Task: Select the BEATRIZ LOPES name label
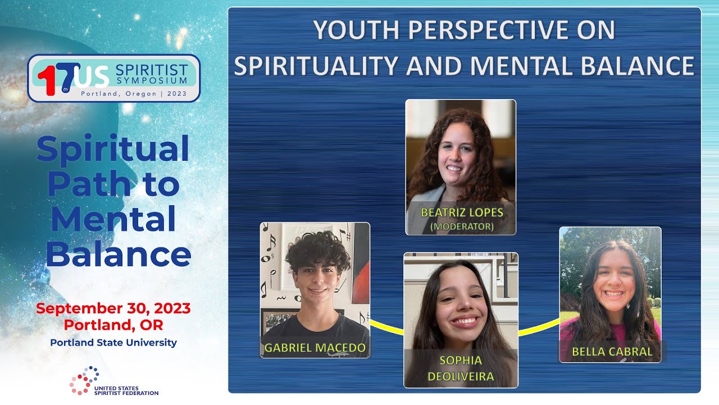(x=462, y=213)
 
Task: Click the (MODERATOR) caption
(x=462, y=227)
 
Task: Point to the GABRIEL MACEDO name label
(x=315, y=348)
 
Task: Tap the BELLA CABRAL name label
(x=612, y=352)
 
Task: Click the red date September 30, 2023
(x=113, y=308)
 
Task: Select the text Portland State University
(x=113, y=342)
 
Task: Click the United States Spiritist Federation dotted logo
(x=85, y=380)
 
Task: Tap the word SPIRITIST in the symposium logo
(x=151, y=70)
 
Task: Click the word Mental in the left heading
(x=113, y=220)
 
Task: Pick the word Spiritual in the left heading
(x=113, y=150)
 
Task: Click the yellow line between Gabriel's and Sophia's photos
(x=386, y=326)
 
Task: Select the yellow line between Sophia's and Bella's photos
(x=538, y=327)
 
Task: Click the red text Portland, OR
(x=113, y=325)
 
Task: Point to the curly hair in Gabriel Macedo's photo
(x=318, y=251)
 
